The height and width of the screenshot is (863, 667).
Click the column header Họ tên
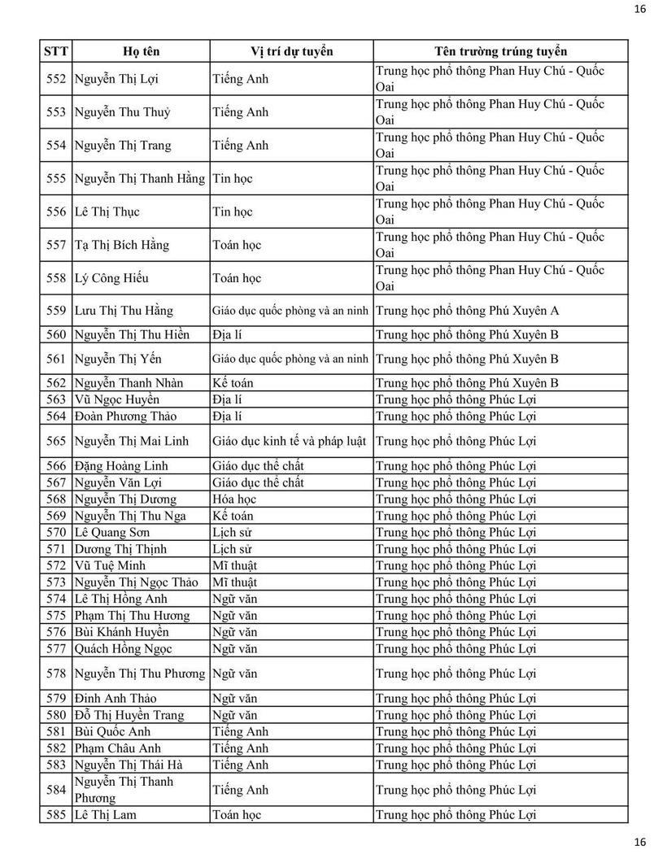(141, 51)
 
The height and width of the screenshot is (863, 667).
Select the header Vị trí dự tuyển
(291, 51)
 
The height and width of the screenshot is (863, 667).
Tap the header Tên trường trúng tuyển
(500, 51)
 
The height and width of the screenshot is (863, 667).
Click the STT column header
(55, 51)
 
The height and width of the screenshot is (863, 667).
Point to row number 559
(56, 310)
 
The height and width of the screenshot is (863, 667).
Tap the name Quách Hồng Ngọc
(123, 648)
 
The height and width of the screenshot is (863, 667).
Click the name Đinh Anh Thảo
(115, 698)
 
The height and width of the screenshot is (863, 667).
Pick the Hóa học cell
(234, 499)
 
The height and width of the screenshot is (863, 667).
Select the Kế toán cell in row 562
(233, 382)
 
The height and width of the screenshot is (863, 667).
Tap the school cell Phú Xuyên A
(468, 310)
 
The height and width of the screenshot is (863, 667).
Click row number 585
(56, 814)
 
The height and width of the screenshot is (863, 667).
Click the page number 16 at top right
(639, 9)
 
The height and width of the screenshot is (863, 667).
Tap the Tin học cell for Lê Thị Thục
(233, 211)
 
